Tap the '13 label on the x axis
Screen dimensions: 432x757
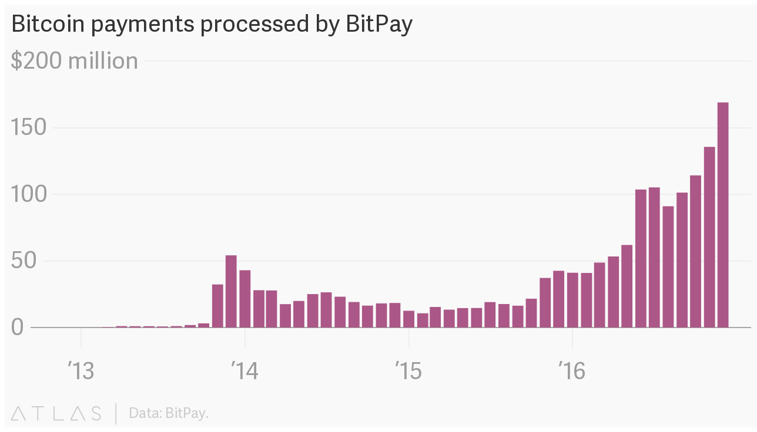tap(81, 372)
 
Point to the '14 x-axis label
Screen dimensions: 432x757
tap(244, 372)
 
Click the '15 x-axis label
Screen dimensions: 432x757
tap(408, 372)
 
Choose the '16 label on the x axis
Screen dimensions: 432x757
tap(572, 372)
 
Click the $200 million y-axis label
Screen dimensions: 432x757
tap(74, 61)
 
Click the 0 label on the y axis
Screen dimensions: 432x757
tap(17, 328)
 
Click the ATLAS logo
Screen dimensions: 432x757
tap(56, 413)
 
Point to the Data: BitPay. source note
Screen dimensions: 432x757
tap(169, 413)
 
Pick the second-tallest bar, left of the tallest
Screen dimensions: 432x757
tap(709, 237)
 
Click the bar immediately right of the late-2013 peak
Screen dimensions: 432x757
tap(245, 299)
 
